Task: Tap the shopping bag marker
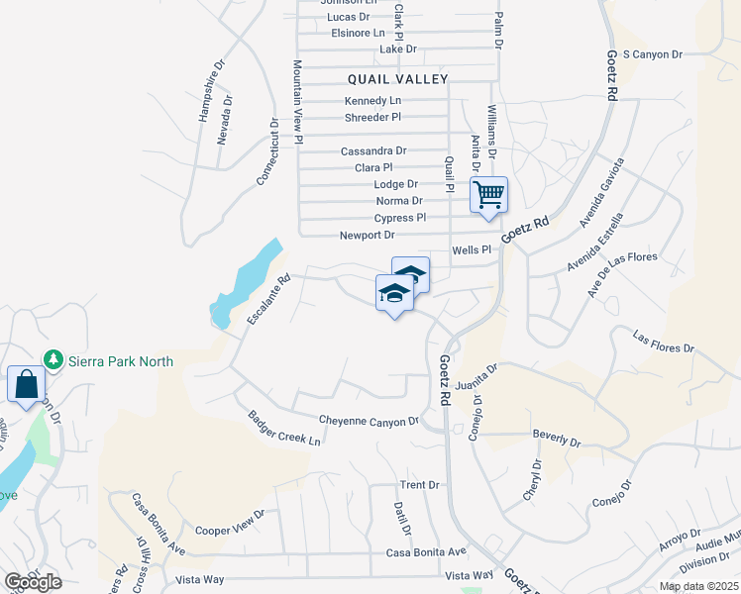pyautogui.click(x=25, y=384)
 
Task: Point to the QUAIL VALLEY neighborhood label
pyautogui.click(x=398, y=79)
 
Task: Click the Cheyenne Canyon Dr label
pyautogui.click(x=369, y=422)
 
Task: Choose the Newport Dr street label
pyautogui.click(x=367, y=236)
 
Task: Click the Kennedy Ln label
pyautogui.click(x=372, y=101)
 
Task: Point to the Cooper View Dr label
pyautogui.click(x=230, y=531)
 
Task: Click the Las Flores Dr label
pyautogui.click(x=664, y=343)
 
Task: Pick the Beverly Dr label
pyautogui.click(x=555, y=439)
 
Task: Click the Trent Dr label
pyautogui.click(x=419, y=485)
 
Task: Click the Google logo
pyautogui.click(x=33, y=582)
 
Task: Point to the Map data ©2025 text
pyautogui.click(x=698, y=586)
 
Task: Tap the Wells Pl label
pyautogui.click(x=472, y=250)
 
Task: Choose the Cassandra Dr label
pyautogui.click(x=372, y=151)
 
